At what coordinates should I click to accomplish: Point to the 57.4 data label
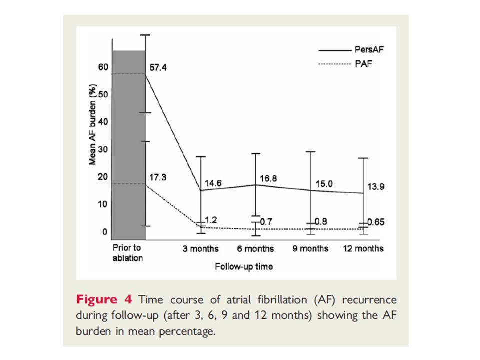tap(158, 67)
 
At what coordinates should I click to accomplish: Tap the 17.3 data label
tap(158, 177)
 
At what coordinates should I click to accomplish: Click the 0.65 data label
tap(376, 222)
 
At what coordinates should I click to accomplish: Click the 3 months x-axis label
tap(200, 248)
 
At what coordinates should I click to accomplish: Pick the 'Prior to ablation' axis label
tap(128, 253)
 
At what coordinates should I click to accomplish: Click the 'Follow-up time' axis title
tap(244, 267)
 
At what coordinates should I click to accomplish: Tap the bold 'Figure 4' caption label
tap(104, 300)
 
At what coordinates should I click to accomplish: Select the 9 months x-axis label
tap(310, 248)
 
